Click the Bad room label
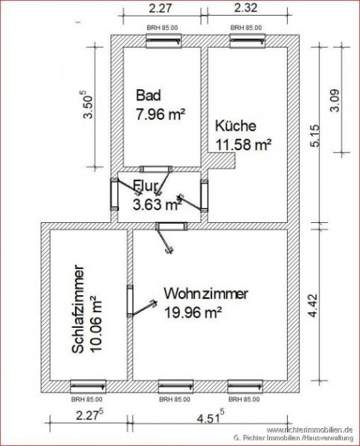point(148,96)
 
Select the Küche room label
point(236,126)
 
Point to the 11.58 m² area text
point(242,146)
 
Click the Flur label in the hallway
point(146,186)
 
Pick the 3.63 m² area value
point(157,204)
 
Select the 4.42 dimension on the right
point(315,307)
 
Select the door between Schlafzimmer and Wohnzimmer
point(129,301)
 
